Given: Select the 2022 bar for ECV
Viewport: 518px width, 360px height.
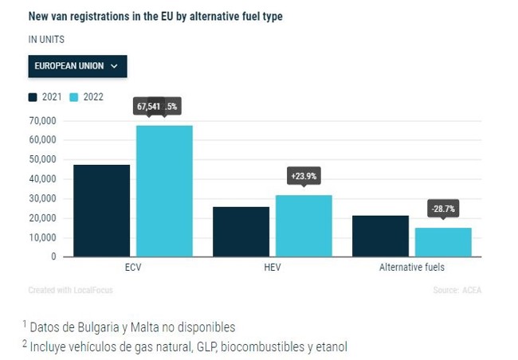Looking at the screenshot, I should click(x=164, y=191).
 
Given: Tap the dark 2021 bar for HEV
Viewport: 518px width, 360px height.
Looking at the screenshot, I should click(x=241, y=231).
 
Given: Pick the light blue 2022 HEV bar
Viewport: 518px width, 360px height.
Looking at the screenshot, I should click(x=304, y=225).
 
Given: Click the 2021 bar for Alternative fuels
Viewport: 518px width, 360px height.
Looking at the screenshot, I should click(x=380, y=236).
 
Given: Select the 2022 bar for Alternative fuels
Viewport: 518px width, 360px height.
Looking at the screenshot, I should click(x=443, y=242).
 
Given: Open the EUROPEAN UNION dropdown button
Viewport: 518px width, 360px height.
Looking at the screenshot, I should click(x=77, y=66).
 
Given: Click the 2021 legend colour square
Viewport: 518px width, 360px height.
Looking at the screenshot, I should click(x=33, y=97).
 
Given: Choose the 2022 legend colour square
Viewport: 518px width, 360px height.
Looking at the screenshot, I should click(x=73, y=97).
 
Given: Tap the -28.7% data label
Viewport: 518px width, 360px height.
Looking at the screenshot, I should click(x=443, y=209).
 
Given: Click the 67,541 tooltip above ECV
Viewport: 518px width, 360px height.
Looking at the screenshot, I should click(x=149, y=105).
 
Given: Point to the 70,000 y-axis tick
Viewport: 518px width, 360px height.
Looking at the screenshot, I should click(x=42, y=120).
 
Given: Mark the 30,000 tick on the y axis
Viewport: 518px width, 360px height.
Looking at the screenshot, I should click(x=42, y=198).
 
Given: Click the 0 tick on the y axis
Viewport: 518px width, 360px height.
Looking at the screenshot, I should click(x=53, y=256).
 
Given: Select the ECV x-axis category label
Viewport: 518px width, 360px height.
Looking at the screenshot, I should click(x=133, y=268).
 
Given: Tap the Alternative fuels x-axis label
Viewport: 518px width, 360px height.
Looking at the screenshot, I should click(x=411, y=268).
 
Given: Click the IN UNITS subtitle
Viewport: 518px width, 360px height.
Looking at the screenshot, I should click(x=46, y=38).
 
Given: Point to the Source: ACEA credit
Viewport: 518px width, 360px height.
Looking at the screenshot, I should click(x=457, y=290).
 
